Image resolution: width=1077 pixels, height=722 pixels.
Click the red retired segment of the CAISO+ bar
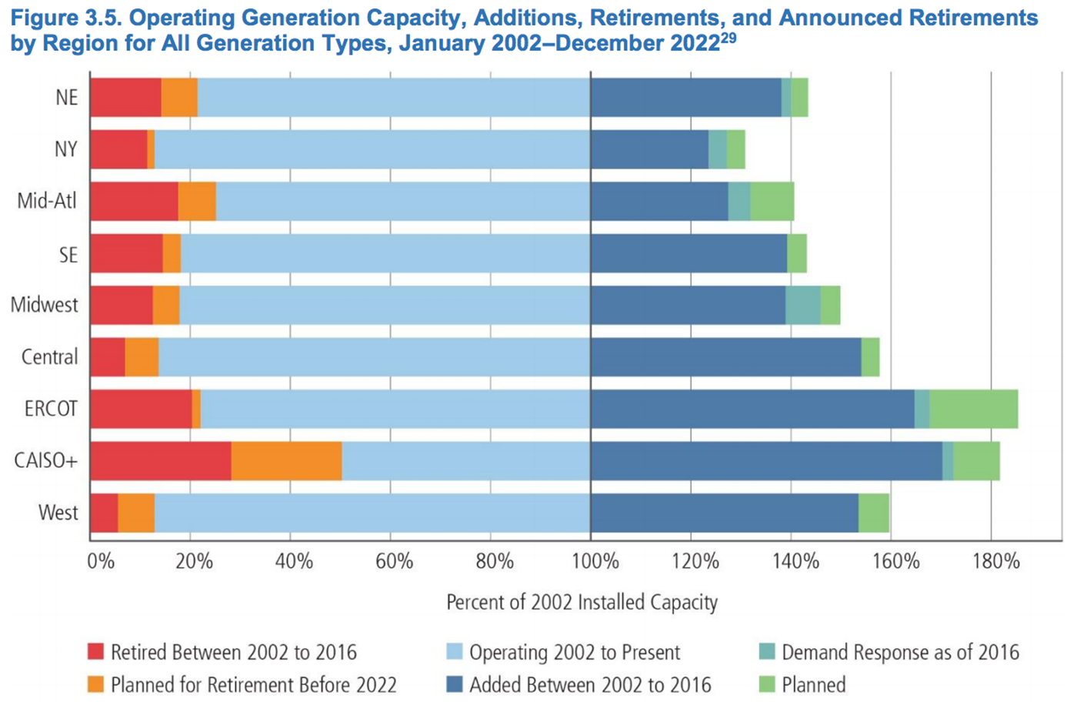pos(161,461)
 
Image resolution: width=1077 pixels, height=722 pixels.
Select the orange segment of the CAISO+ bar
pos(286,461)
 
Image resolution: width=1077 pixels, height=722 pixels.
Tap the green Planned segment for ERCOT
pos(973,409)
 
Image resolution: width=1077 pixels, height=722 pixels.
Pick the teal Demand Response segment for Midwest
pos(802,305)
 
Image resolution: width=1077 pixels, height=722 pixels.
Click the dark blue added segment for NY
pos(649,149)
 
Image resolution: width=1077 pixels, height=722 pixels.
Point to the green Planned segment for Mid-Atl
pos(772,202)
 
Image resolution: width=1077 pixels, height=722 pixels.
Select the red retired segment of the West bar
pos(104,513)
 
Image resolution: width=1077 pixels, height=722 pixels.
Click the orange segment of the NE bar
pos(179,98)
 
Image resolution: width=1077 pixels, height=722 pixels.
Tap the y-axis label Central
pos(49,357)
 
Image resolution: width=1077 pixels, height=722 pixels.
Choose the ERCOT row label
pos(51,409)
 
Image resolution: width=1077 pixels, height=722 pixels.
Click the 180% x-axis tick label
pos(995,561)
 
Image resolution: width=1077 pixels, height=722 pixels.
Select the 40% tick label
pos(294,561)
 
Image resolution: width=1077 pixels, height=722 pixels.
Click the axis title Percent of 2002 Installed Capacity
pos(582,602)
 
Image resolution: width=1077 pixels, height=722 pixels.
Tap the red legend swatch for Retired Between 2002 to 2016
pos(95,652)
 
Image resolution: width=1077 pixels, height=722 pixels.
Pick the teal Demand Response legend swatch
pos(766,652)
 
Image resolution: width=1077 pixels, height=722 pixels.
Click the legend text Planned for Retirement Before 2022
pos(254,684)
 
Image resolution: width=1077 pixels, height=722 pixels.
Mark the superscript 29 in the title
pos(728,36)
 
